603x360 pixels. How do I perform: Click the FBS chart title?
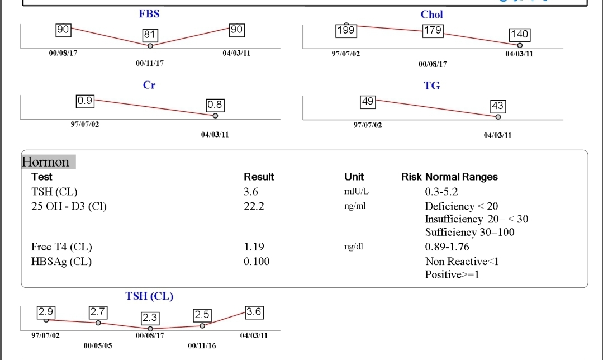click(x=149, y=14)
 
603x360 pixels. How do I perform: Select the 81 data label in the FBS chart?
click(x=149, y=35)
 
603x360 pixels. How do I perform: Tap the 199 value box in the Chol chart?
click(x=346, y=30)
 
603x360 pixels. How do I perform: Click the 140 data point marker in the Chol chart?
click(x=520, y=45)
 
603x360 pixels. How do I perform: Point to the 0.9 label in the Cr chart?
click(x=85, y=101)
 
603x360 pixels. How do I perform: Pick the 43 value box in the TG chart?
click(x=497, y=105)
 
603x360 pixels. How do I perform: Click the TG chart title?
click(x=432, y=86)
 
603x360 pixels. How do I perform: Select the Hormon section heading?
click(x=46, y=162)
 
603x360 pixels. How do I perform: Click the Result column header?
click(x=259, y=177)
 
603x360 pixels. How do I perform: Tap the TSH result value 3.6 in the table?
click(x=251, y=192)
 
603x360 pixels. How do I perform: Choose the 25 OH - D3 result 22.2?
click(x=254, y=206)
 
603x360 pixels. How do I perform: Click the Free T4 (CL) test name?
click(x=61, y=247)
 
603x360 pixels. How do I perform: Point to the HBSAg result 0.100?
click(x=257, y=261)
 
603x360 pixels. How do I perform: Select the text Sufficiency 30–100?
click(x=469, y=232)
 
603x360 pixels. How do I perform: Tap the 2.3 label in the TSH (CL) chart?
click(x=150, y=318)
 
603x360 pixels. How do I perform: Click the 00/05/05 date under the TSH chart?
click(x=98, y=346)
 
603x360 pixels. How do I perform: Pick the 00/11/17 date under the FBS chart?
click(x=150, y=64)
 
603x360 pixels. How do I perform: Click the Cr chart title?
click(x=149, y=86)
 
